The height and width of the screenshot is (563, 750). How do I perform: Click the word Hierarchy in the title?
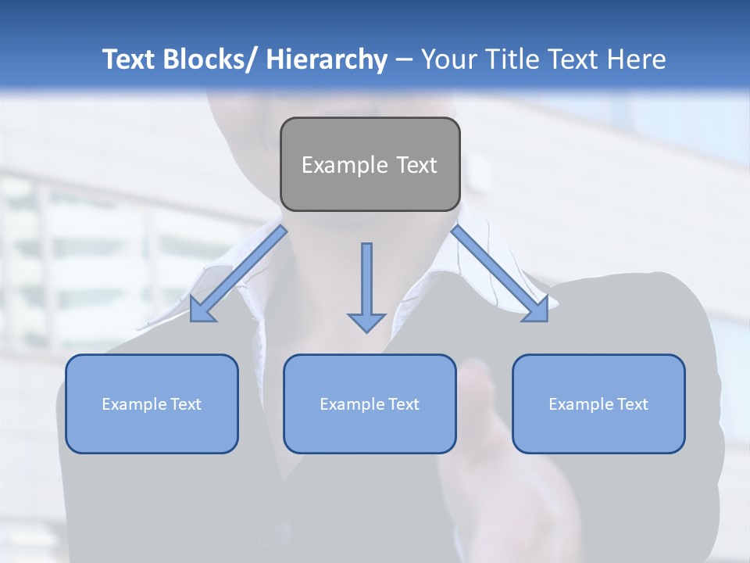pyautogui.click(x=327, y=59)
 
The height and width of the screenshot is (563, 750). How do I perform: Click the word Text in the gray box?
pyautogui.click(x=416, y=165)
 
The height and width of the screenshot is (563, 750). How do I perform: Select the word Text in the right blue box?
pyautogui.click(x=632, y=404)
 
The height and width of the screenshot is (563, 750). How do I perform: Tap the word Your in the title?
pyautogui.click(x=448, y=59)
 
